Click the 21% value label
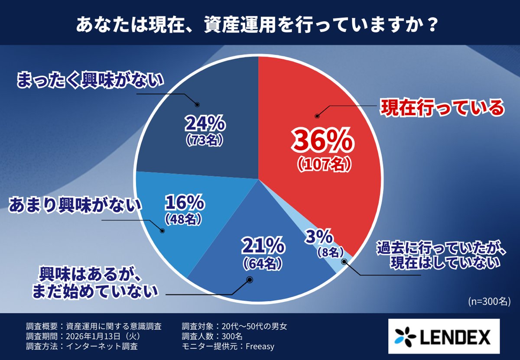click(263, 246)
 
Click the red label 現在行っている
click(442, 108)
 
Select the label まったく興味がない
click(91, 81)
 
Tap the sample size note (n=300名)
click(489, 302)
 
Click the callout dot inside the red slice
click(317, 116)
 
